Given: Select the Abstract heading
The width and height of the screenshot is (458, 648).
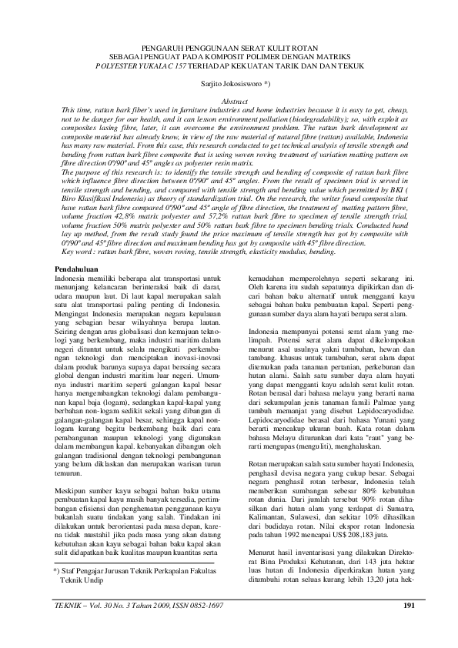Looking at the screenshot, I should [228, 102].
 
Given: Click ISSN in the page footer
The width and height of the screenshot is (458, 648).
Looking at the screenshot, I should [177, 606].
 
